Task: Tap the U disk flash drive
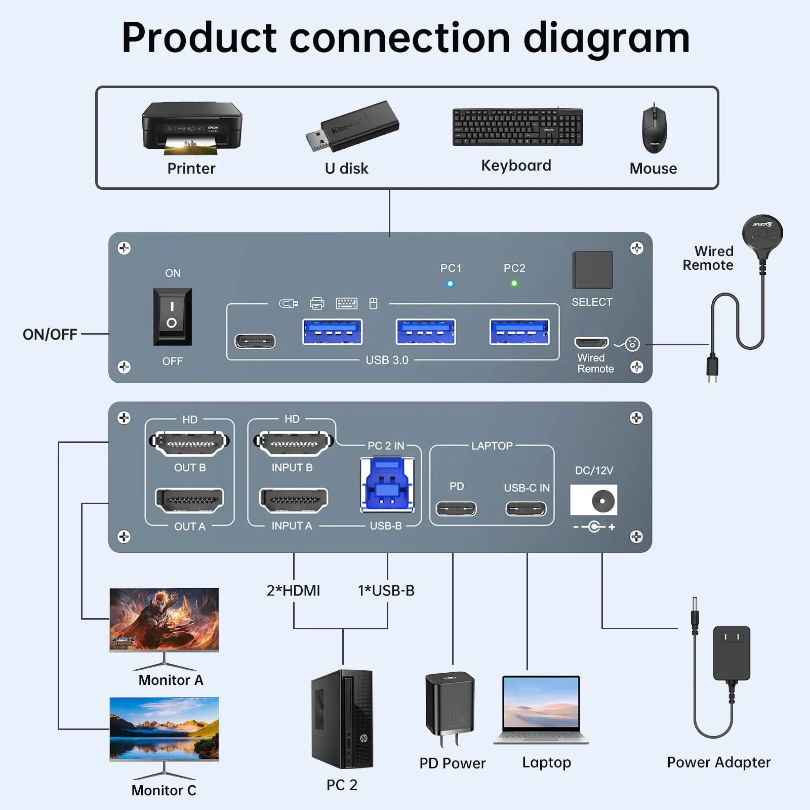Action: pos(353,126)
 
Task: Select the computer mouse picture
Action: pos(654,130)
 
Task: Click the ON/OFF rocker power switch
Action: pos(172,316)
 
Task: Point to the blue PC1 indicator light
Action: pos(450,283)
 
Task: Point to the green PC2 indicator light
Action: pos(514,283)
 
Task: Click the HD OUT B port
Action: pos(190,443)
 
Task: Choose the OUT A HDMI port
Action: pos(190,500)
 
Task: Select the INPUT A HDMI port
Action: pos(294,500)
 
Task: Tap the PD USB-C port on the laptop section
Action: pos(456,508)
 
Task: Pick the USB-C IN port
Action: pos(526,508)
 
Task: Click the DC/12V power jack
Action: pos(594,500)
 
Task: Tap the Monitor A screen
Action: pos(165,619)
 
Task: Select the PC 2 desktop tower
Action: pos(343,719)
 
